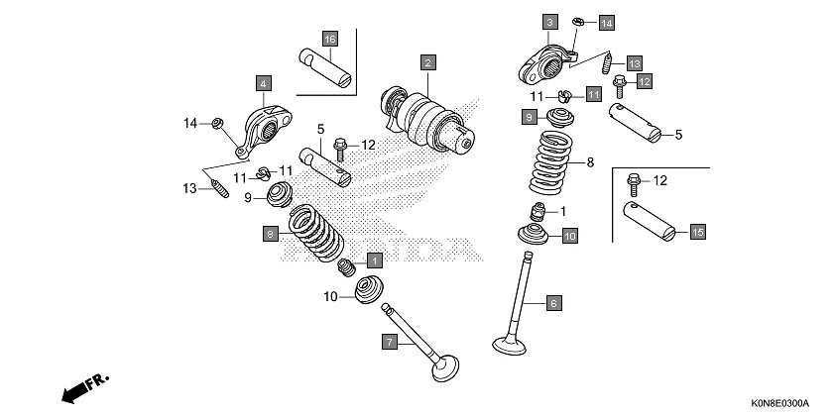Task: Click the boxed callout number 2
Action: pyautogui.click(x=427, y=61)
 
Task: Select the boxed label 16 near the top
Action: pyautogui.click(x=329, y=39)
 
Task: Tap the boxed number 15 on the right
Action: pyautogui.click(x=697, y=231)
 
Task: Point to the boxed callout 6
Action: pyautogui.click(x=553, y=302)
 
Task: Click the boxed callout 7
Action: pyautogui.click(x=391, y=342)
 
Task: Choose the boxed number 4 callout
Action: pyautogui.click(x=263, y=83)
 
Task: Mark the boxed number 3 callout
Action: pyautogui.click(x=549, y=21)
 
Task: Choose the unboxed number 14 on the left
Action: pyautogui.click(x=189, y=123)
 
